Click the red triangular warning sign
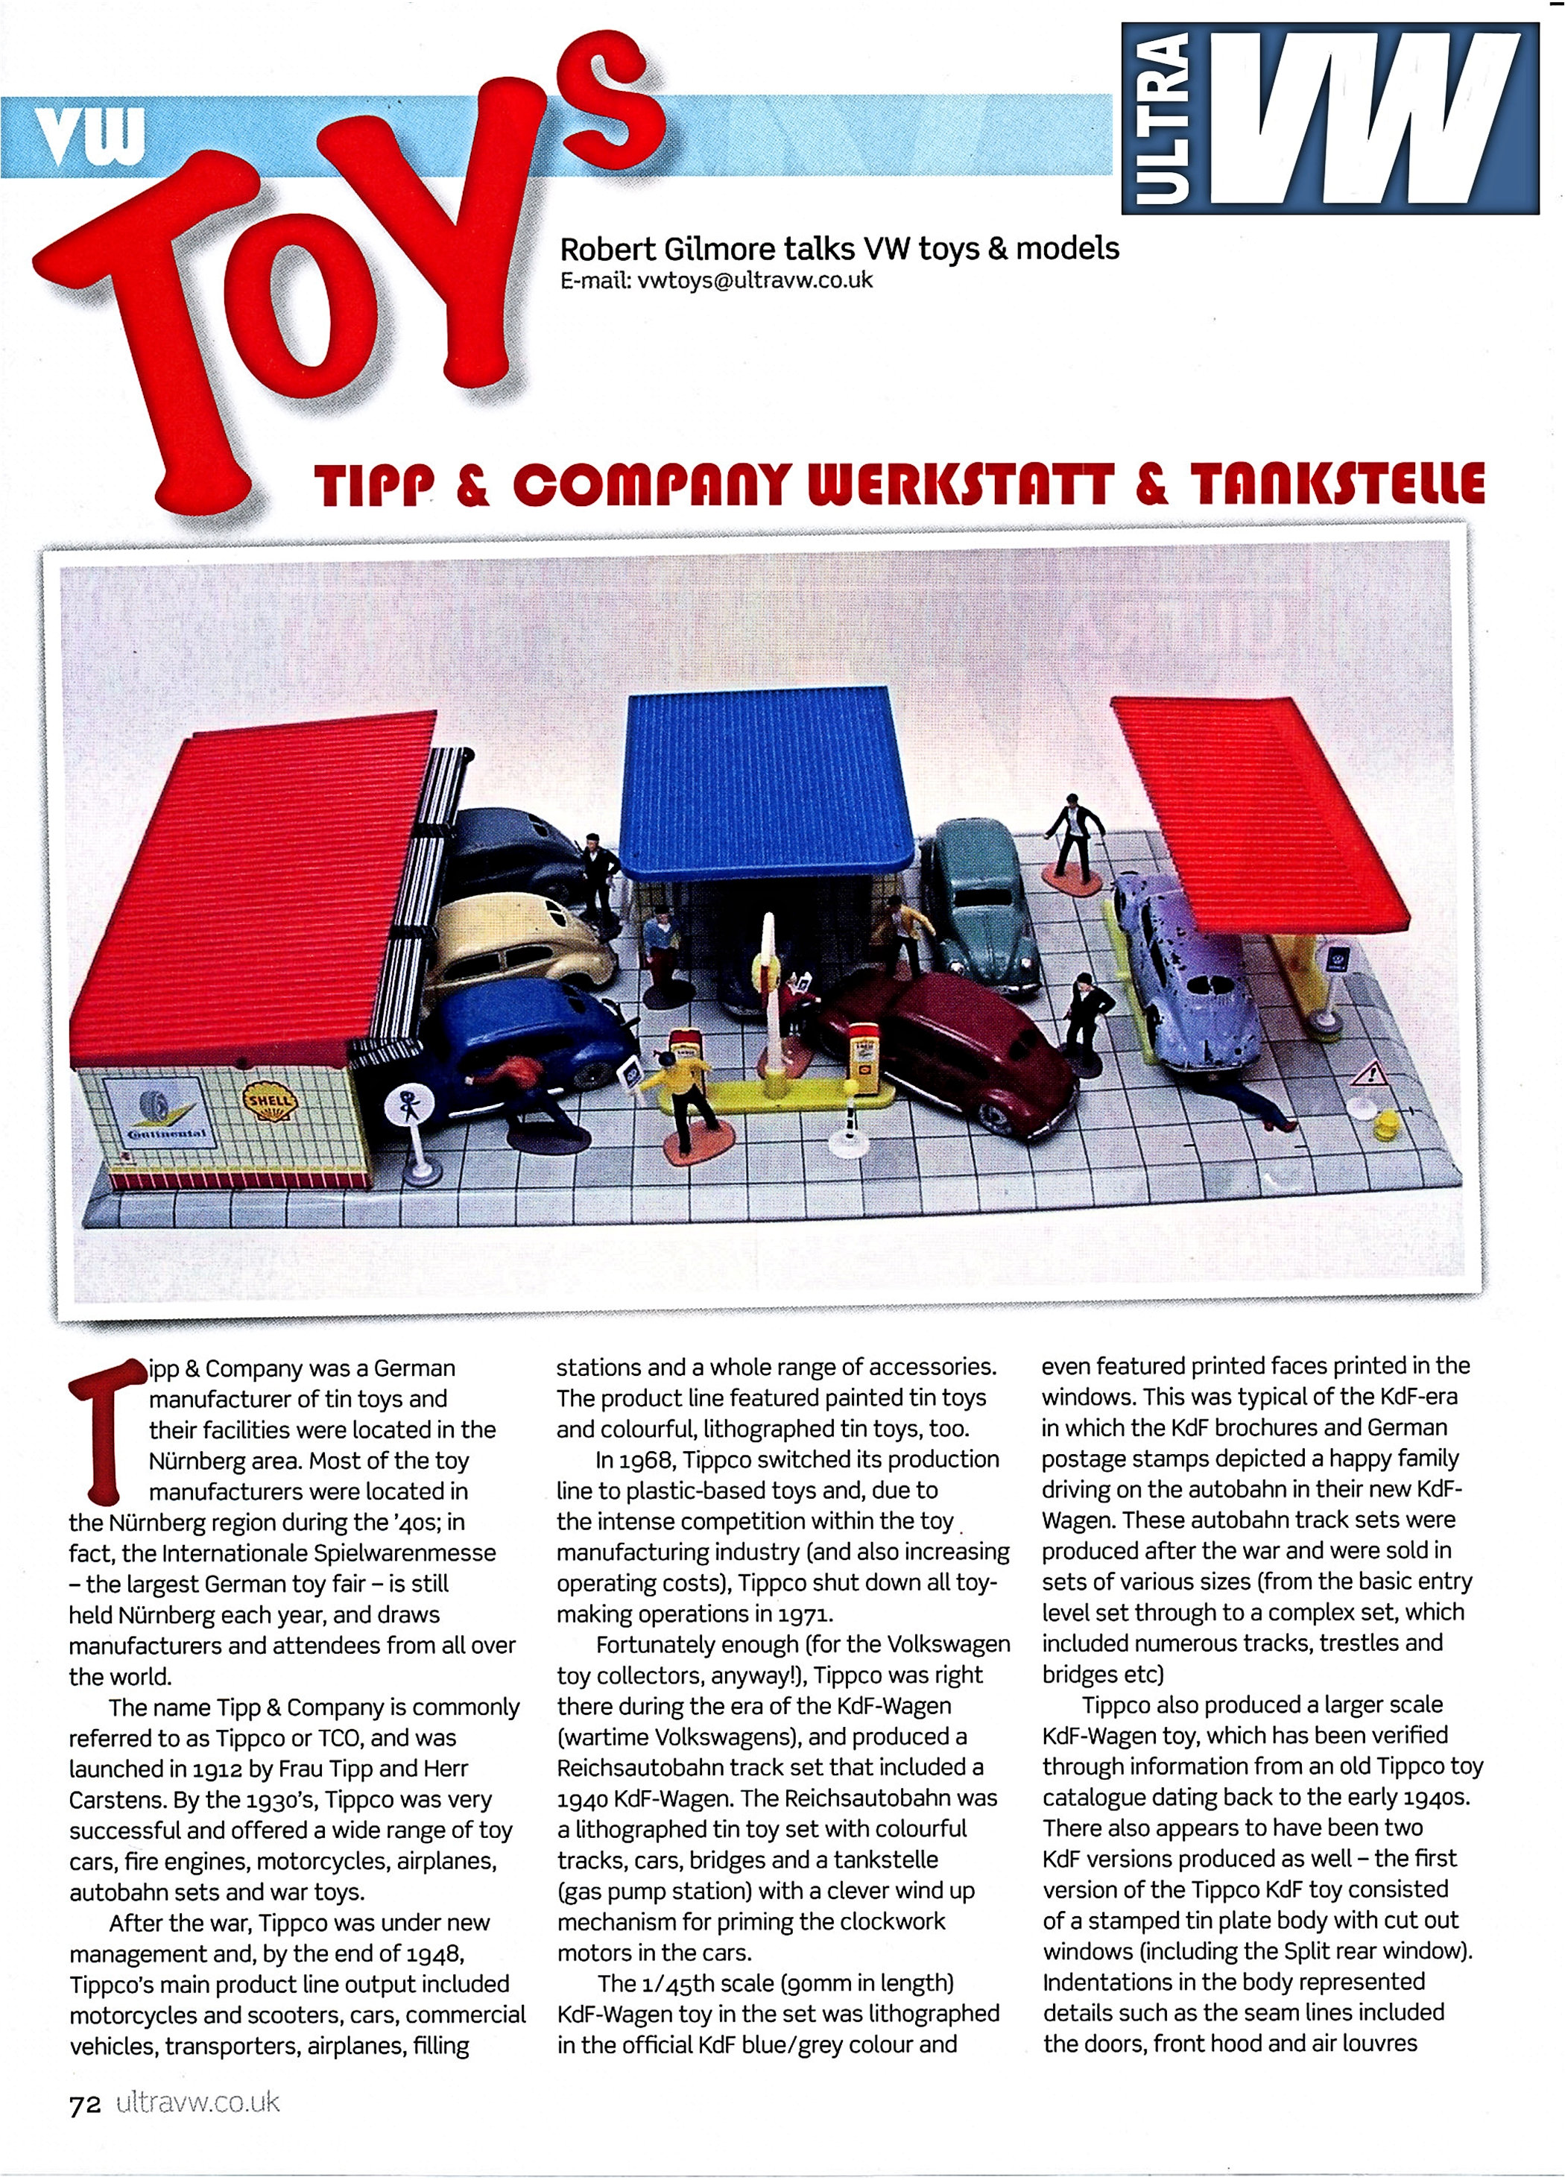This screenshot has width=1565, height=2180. (1369, 1074)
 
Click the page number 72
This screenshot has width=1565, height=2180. (85, 2104)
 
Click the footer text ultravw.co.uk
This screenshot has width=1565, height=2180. (197, 2103)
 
